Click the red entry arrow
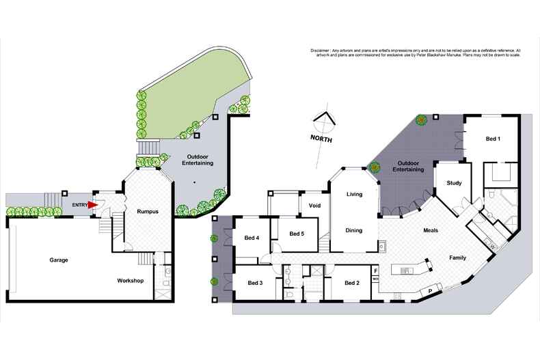click(92, 204)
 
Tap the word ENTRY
click(79, 204)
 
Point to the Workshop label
click(130, 281)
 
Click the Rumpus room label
click(147, 212)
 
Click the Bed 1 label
click(493, 139)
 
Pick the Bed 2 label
click(352, 283)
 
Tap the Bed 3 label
click(255, 283)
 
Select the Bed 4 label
click(252, 238)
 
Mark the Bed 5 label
click(296, 234)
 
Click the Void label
click(314, 205)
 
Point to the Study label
click(454, 183)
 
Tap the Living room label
click(354, 195)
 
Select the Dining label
click(353, 230)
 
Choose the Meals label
click(431, 230)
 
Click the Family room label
click(457, 258)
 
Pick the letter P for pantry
click(429, 291)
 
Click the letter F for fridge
click(375, 271)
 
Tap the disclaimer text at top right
click(415, 53)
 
